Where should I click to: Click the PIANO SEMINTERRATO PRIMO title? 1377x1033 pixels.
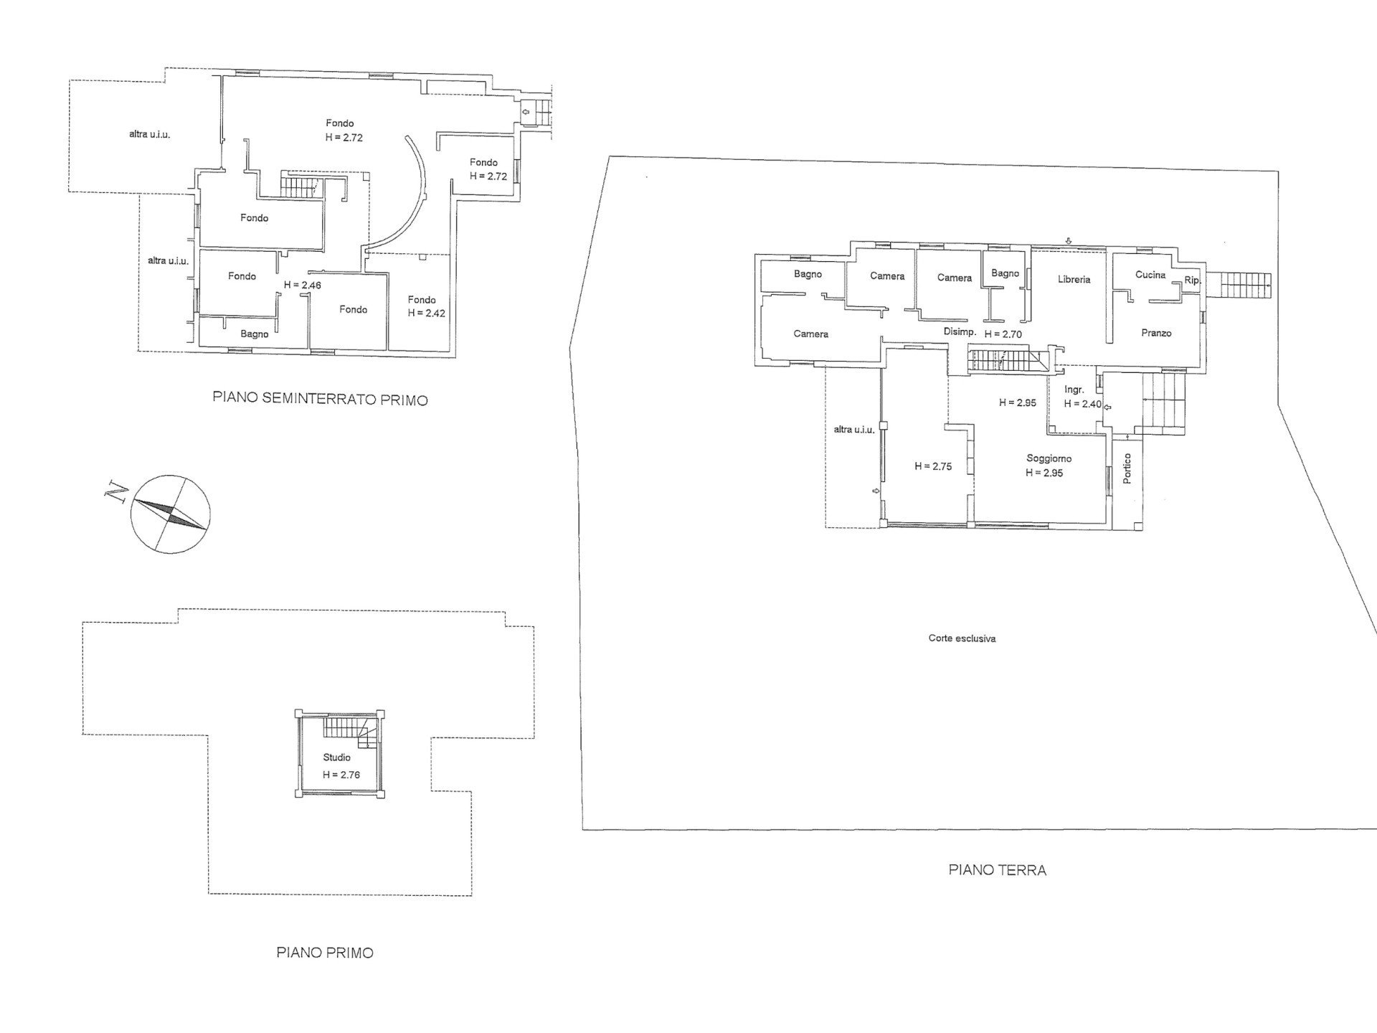[x=320, y=400]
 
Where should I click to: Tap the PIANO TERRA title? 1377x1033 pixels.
[x=997, y=870]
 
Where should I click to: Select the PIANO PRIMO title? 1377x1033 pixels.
[x=325, y=953]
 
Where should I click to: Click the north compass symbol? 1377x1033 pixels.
[x=171, y=514]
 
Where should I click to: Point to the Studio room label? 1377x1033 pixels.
[x=336, y=758]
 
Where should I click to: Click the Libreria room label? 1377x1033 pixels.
[x=1074, y=279]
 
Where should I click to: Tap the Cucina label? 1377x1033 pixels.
[x=1150, y=275]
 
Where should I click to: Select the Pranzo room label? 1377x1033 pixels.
[x=1156, y=334]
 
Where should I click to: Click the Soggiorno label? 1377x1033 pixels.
[x=1049, y=458]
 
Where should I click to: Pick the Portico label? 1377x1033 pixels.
[x=1127, y=468]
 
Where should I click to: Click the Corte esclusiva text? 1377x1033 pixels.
[x=962, y=638]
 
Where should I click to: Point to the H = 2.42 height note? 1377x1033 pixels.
[x=427, y=313]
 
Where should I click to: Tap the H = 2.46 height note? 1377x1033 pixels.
[x=302, y=285]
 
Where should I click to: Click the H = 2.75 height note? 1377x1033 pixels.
[x=933, y=466]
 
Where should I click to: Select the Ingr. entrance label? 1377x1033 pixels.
[x=1074, y=390]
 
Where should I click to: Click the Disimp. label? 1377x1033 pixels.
[x=960, y=332]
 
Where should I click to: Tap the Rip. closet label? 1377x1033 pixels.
[x=1193, y=280]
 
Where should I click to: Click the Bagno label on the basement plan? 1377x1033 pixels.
[x=255, y=334]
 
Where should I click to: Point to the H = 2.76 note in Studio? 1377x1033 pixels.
[x=341, y=775]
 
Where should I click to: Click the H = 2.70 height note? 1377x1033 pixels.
[x=1003, y=334]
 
